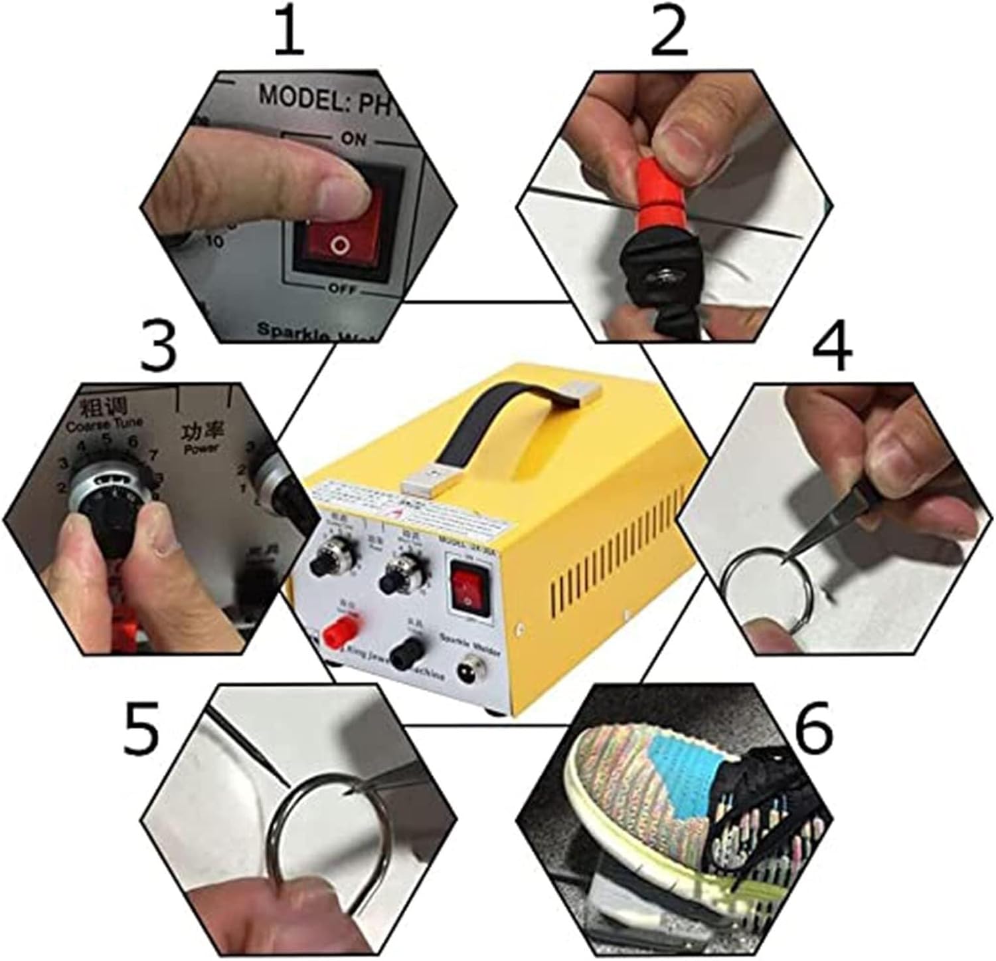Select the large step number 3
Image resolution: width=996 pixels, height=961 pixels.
(159, 347)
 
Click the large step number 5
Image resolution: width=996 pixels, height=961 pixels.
(141, 728)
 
